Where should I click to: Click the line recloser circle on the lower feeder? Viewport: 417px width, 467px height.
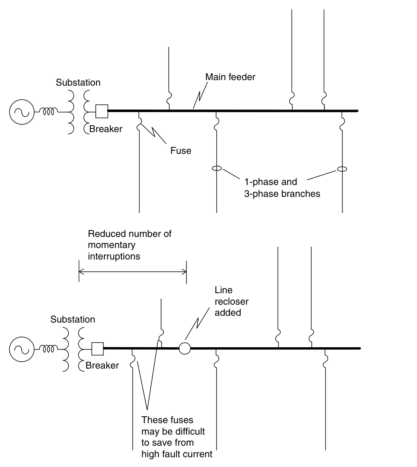(184, 348)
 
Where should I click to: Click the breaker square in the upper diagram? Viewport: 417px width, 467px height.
(101, 111)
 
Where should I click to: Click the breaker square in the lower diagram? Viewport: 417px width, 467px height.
(98, 349)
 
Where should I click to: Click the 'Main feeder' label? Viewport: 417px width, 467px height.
(230, 77)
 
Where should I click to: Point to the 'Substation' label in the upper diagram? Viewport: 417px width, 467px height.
(78, 82)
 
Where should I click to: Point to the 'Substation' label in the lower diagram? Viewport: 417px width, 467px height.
(72, 319)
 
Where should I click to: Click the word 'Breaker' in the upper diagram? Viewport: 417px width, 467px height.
(106, 129)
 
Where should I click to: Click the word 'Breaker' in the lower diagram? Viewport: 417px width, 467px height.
(102, 366)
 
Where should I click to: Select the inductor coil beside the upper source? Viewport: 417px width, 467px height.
(49, 112)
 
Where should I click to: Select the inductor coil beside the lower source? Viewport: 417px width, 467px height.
(49, 349)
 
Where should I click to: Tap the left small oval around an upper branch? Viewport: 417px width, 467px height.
(217, 169)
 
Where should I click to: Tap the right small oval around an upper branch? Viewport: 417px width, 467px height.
(342, 169)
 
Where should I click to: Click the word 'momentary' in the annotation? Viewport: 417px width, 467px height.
(111, 245)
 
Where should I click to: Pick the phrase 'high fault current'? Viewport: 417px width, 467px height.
(177, 454)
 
